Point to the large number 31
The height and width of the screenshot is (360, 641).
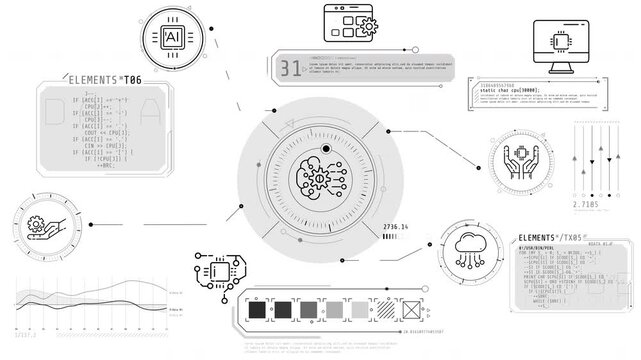[x=290, y=68]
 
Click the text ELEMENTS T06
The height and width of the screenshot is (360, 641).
[x=104, y=78]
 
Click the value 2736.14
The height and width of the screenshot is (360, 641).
[x=397, y=228]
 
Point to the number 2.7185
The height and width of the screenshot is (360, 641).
[x=587, y=204]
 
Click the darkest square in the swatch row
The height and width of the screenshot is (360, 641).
[x=257, y=309]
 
